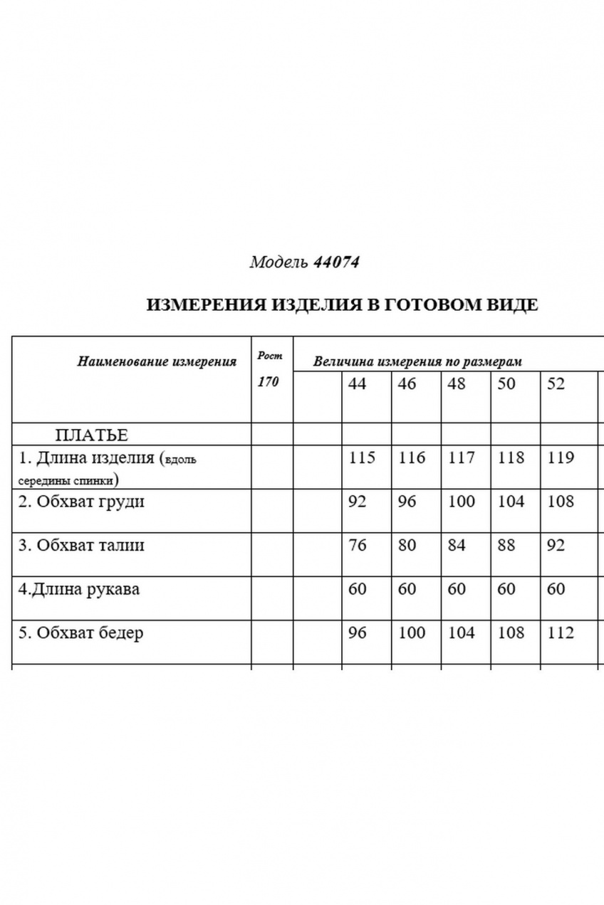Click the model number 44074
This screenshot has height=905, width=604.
pyautogui.click(x=336, y=263)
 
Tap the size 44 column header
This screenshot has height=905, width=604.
pyautogui.click(x=358, y=383)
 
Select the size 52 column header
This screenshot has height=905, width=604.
pyautogui.click(x=556, y=383)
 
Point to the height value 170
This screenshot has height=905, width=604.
pyautogui.click(x=269, y=382)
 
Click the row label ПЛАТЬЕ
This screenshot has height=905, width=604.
pyautogui.click(x=91, y=435)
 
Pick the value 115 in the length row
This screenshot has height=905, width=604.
pyautogui.click(x=362, y=457)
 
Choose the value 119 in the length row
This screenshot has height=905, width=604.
pyautogui.click(x=561, y=457)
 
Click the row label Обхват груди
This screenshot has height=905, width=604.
pyautogui.click(x=81, y=502)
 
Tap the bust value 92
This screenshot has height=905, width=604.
pyautogui.click(x=358, y=502)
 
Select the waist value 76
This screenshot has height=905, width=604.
pyautogui.click(x=358, y=546)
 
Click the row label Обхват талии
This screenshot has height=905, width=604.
pyautogui.click(x=81, y=546)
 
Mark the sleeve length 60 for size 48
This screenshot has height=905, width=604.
pyautogui.click(x=457, y=589)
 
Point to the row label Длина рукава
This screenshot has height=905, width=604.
pyautogui.click(x=78, y=589)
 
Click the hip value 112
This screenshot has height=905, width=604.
pyautogui.click(x=561, y=633)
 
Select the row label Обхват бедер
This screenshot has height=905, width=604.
pyautogui.click(x=80, y=633)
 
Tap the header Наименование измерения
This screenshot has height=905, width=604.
pyautogui.click(x=157, y=361)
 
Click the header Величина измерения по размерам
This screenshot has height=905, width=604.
pyautogui.click(x=417, y=361)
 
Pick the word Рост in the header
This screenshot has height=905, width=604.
pyautogui.click(x=270, y=355)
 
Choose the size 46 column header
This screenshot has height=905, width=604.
pyautogui.click(x=407, y=383)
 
